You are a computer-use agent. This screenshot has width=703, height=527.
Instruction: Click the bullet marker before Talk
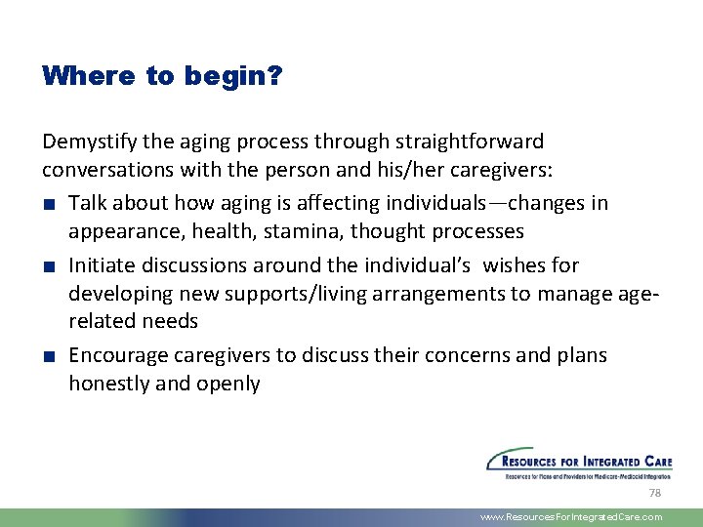pyautogui.click(x=48, y=204)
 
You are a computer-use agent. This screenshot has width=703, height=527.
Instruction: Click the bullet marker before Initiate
pyautogui.click(x=48, y=266)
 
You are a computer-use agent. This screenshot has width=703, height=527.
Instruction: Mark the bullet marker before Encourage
pyautogui.click(x=48, y=356)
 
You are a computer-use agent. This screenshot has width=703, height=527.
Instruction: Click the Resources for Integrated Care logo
pyautogui.click(x=578, y=464)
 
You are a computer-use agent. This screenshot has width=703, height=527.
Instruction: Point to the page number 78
pyautogui.click(x=654, y=495)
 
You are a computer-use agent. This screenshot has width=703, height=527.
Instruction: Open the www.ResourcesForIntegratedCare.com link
pyautogui.click(x=571, y=517)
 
